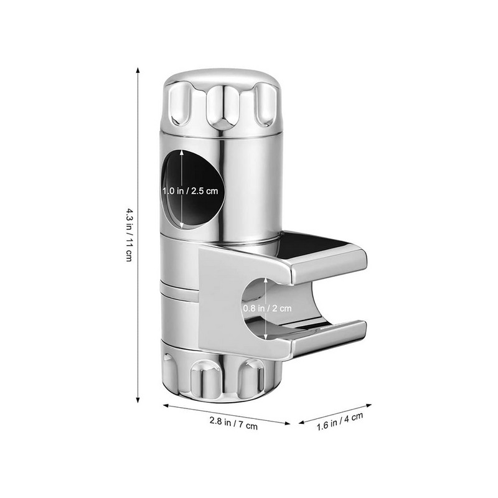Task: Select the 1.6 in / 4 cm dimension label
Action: [340, 423]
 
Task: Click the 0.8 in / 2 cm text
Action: [266, 307]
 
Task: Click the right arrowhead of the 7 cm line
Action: [289, 423]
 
